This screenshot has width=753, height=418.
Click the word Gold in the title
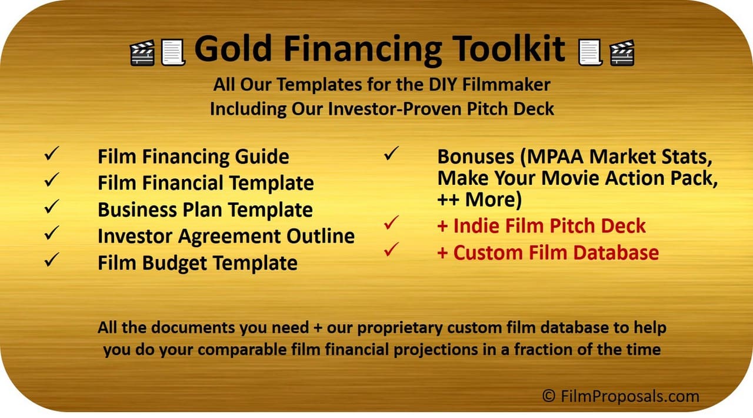[x=233, y=48]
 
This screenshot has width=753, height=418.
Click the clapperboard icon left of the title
[x=142, y=52]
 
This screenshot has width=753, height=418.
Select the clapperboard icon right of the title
[x=622, y=52]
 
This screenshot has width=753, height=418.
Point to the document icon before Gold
[x=173, y=52]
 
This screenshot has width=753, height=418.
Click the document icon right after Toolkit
[x=590, y=52]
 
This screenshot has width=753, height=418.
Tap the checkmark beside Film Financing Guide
[x=52, y=153]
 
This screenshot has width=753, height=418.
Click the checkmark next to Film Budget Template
[x=52, y=260]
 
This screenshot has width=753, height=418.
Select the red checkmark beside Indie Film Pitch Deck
[x=391, y=223]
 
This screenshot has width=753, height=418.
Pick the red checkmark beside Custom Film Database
[x=391, y=250]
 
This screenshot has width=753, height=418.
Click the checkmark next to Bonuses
[x=391, y=153]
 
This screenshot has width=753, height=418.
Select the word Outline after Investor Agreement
[x=321, y=236]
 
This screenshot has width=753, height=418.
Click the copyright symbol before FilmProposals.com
[x=549, y=396]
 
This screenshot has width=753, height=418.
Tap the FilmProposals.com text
[x=630, y=396]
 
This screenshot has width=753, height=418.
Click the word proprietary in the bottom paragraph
[x=399, y=328]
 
